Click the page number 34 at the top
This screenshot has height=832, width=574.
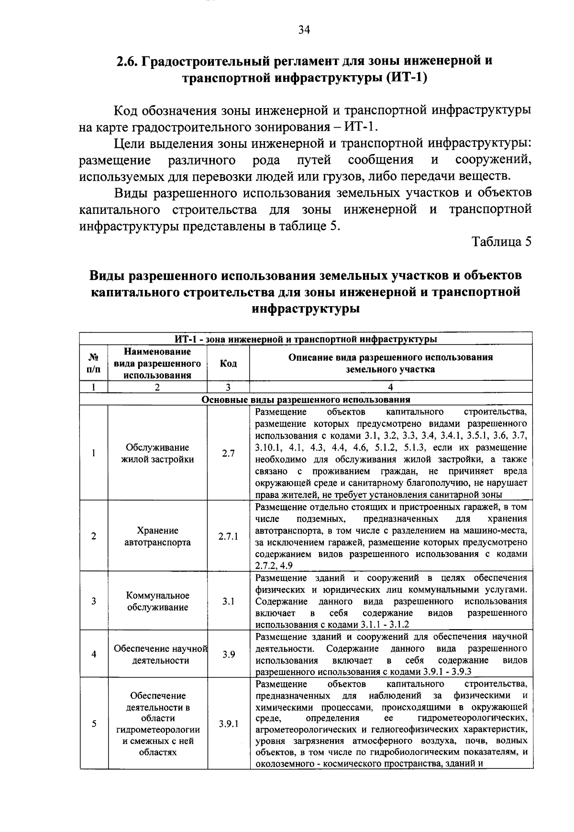pyautogui.click(x=304, y=30)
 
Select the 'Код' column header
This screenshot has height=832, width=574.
pyautogui.click(x=228, y=364)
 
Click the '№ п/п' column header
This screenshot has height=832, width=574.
pyautogui.click(x=94, y=364)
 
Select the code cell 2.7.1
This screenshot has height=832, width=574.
pyautogui.click(x=228, y=536)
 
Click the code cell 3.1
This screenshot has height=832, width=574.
pyautogui.click(x=228, y=601)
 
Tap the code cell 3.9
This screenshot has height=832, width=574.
pyautogui.click(x=228, y=654)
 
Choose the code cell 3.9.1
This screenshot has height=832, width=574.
pyautogui.click(x=228, y=724)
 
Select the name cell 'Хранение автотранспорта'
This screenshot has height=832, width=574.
pyautogui.click(x=157, y=536)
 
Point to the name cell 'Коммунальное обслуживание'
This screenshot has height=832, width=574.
pyautogui.click(x=157, y=601)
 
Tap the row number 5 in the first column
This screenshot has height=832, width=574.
pyautogui.click(x=94, y=724)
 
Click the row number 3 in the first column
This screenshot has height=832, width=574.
pyautogui.click(x=94, y=601)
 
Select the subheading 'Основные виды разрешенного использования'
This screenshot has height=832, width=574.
pyautogui.click(x=306, y=399)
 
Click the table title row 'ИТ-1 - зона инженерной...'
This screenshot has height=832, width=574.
pyautogui.click(x=306, y=339)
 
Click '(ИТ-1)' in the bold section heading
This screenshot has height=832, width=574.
pyautogui.click(x=405, y=78)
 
